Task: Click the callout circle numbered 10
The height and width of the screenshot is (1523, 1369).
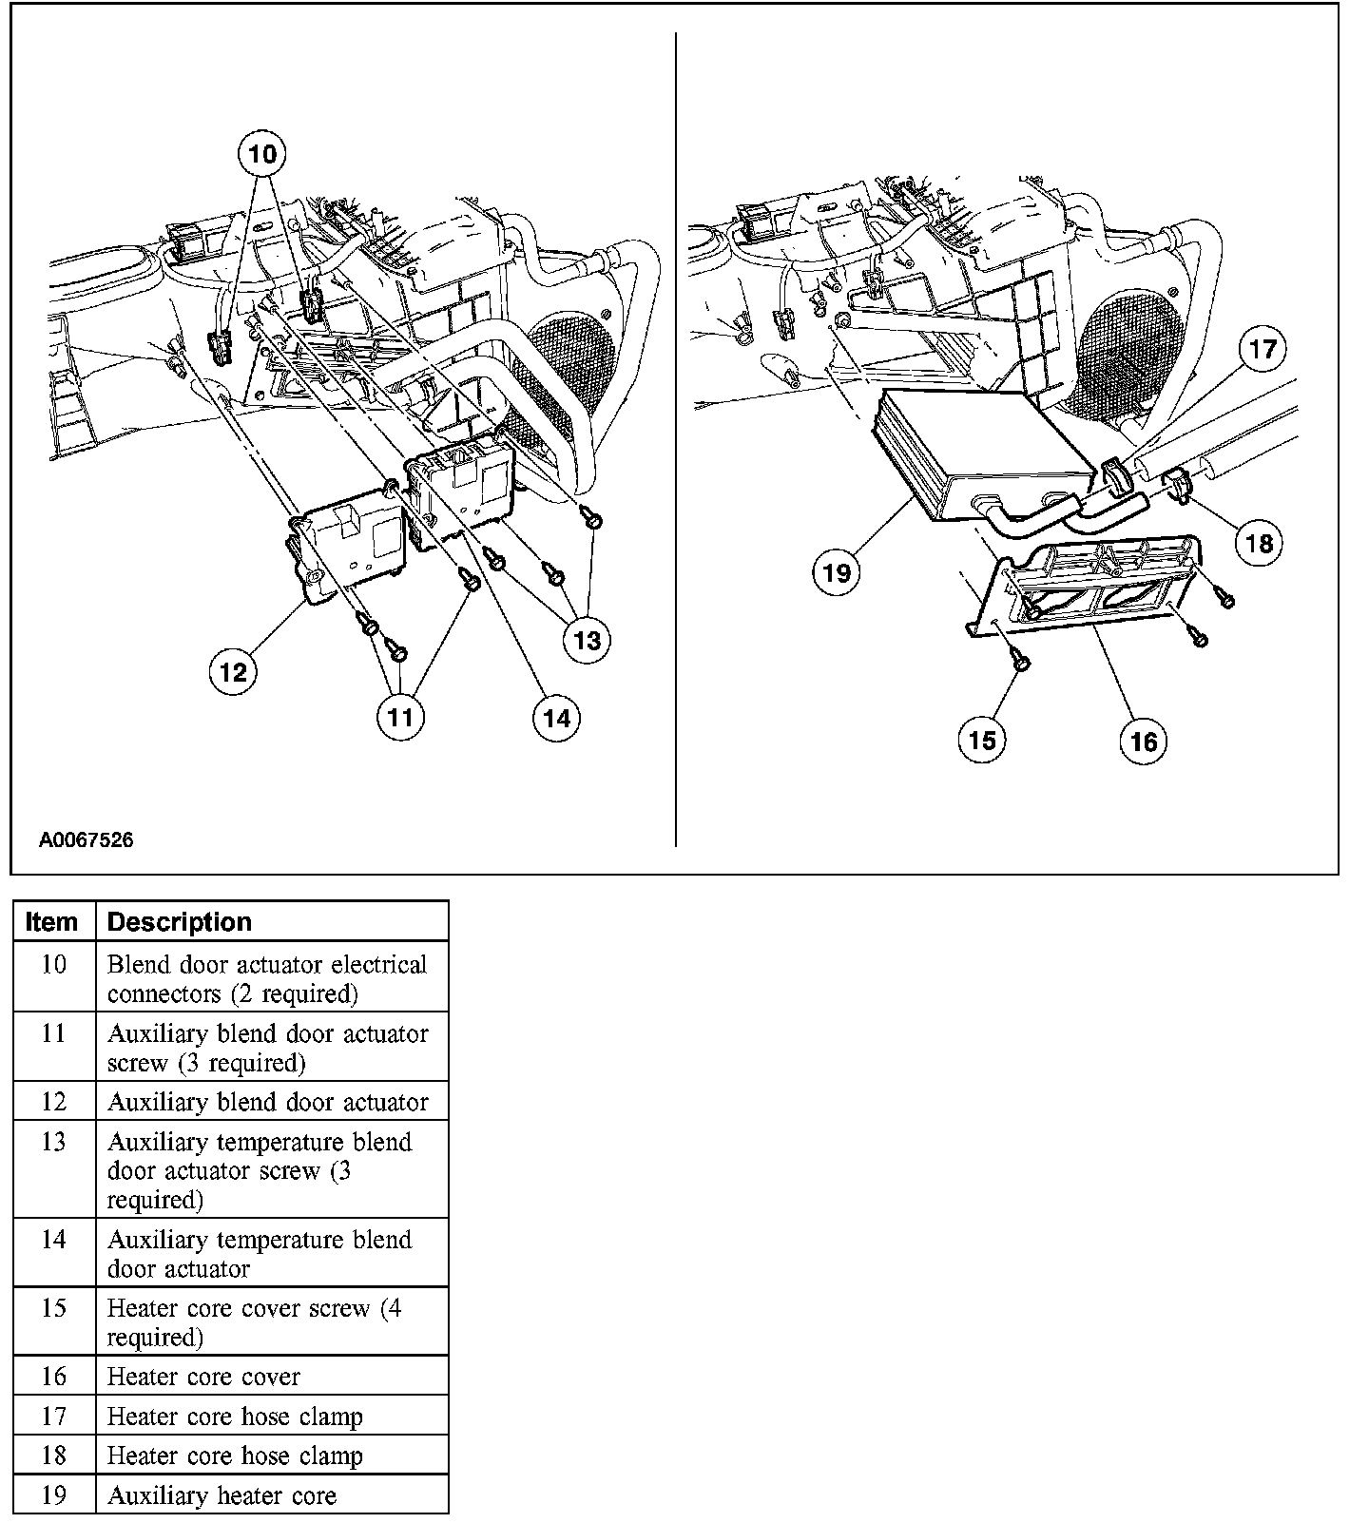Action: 262,154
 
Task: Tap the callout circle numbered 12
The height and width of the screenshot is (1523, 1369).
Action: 233,672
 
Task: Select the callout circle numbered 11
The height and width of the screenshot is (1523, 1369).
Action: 400,716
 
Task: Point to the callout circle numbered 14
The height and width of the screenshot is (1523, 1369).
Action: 556,717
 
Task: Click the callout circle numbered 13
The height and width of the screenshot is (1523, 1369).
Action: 587,640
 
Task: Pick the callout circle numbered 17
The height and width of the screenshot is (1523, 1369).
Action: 1263,350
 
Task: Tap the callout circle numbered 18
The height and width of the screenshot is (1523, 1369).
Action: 1259,543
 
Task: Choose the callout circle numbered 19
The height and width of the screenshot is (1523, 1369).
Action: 837,572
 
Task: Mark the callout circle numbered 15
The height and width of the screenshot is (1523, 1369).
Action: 982,740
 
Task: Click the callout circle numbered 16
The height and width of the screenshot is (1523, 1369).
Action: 1143,741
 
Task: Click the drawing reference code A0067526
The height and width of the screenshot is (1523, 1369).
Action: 86,839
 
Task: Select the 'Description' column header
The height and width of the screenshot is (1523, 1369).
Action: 180,921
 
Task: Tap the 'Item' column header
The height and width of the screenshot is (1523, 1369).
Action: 52,921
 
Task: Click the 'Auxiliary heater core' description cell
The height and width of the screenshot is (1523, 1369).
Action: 222,1495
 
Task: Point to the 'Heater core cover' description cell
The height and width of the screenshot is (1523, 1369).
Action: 203,1377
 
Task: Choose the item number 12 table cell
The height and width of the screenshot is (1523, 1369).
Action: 54,1102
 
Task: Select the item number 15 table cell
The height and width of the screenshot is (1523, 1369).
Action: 54,1308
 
